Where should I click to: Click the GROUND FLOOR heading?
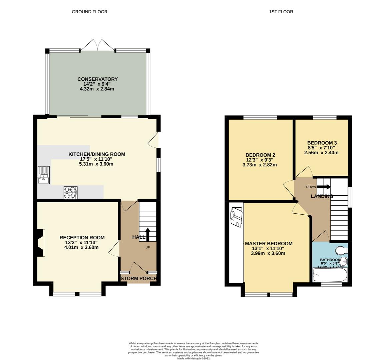pyautogui.click(x=89, y=12)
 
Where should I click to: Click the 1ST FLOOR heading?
pyautogui.click(x=281, y=12)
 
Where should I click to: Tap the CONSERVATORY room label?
pyautogui.click(x=97, y=79)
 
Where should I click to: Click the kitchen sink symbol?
pyautogui.click(x=44, y=175)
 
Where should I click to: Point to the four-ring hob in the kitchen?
pyautogui.click(x=70, y=193)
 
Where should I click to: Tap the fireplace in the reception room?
pyautogui.click(x=40, y=243)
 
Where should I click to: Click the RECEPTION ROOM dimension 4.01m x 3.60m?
pyautogui.click(x=82, y=247)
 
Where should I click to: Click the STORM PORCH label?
pyautogui.click(x=138, y=278)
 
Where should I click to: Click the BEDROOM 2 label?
pyautogui.click(x=260, y=155)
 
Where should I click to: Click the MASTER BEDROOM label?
pyautogui.click(x=269, y=244)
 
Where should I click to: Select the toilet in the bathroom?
pyautogui.click(x=341, y=250)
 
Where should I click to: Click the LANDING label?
pyautogui.click(x=322, y=196)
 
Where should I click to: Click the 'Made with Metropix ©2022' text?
pyautogui.click(x=194, y=358)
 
